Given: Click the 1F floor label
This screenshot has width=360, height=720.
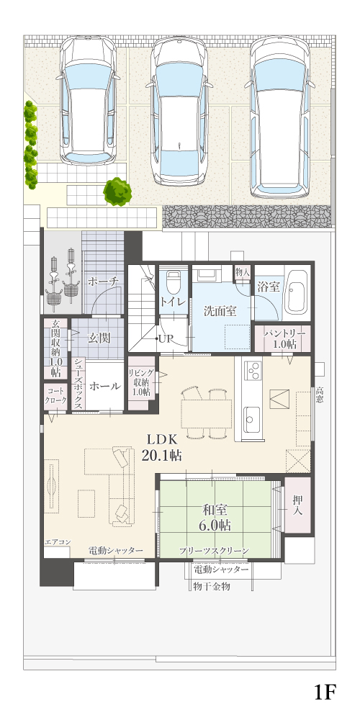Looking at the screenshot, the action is (x=326, y=692).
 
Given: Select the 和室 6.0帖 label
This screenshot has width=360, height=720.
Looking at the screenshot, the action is (x=215, y=517).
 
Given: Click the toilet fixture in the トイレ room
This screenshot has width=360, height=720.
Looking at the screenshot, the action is (x=173, y=282).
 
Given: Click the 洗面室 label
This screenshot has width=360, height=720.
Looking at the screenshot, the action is (x=220, y=311).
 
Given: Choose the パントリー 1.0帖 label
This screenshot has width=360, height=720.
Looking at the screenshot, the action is (x=284, y=339).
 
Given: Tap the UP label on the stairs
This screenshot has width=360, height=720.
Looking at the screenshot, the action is (x=165, y=339).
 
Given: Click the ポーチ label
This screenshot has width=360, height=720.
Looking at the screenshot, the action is (x=103, y=281).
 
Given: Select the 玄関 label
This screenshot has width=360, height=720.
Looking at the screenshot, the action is (x=99, y=338).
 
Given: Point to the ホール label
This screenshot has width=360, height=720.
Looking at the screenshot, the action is (x=105, y=386).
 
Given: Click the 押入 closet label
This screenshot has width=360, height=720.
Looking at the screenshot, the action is (x=298, y=504).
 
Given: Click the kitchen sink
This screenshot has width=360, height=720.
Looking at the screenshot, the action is (x=251, y=419).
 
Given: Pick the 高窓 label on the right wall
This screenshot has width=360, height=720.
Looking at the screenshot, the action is (x=320, y=395).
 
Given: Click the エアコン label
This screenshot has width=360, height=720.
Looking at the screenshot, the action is (x=58, y=542).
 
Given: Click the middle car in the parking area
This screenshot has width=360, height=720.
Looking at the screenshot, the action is (x=180, y=112).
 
